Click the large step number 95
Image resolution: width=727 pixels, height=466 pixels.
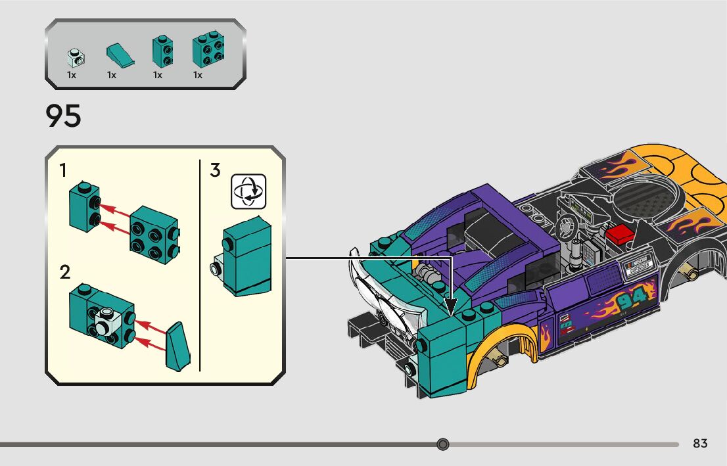64,116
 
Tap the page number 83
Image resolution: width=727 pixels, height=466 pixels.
700,444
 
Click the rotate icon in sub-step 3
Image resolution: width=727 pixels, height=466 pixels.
248,191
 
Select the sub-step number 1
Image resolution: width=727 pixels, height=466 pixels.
63,171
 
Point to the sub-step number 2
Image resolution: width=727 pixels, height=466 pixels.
64,272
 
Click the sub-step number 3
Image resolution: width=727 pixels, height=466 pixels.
215,171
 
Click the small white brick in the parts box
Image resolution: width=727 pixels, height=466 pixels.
76,58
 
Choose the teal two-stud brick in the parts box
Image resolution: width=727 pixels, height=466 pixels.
162,51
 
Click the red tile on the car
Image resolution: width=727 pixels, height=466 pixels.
619,234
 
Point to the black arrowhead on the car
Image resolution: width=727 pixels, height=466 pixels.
451,306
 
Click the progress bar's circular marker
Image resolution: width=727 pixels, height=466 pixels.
443,444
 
